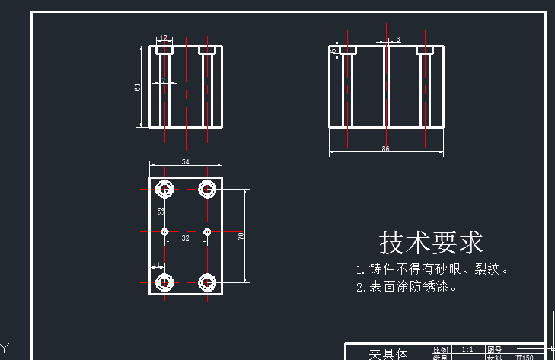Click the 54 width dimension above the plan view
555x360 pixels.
[185, 162]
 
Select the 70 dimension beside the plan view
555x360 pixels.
[241, 236]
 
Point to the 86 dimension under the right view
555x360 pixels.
[385, 149]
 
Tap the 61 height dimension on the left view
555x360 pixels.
[138, 87]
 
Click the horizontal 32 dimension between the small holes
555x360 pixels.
[185, 238]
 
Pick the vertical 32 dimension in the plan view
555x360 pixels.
[161, 211]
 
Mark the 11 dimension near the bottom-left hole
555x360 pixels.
[156, 265]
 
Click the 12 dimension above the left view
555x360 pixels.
[163, 38]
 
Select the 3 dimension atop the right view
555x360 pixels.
[398, 39]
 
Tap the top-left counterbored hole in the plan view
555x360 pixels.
[164, 189]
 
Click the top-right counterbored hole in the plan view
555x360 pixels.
[206, 189]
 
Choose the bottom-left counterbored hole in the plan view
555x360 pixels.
[164, 282]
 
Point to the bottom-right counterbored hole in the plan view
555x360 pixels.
[206, 282]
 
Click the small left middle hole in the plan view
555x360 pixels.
[164, 231]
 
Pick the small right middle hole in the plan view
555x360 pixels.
[207, 231]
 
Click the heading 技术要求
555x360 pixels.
[432, 243]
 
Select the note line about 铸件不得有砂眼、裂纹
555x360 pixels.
[432, 269]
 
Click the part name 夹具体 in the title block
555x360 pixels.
[388, 354]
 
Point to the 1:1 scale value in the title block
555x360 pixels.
[467, 349]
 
